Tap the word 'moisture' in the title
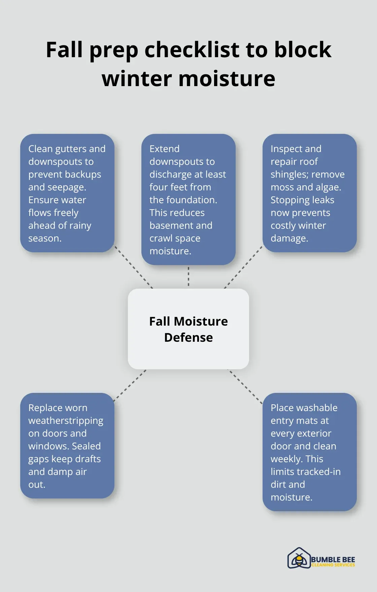pyautogui.click(x=227, y=79)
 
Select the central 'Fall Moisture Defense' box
pyautogui.click(x=188, y=329)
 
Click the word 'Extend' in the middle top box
pyautogui.click(x=164, y=149)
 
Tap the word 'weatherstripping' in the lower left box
pyautogui.click(x=66, y=421)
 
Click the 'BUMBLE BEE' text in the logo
pyautogui.click(x=333, y=559)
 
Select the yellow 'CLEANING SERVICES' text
pyautogui.click(x=333, y=565)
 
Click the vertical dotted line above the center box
pyautogui.click(x=188, y=276)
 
